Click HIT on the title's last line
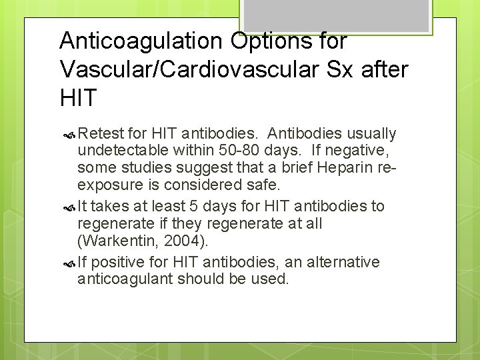(x=78, y=98)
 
